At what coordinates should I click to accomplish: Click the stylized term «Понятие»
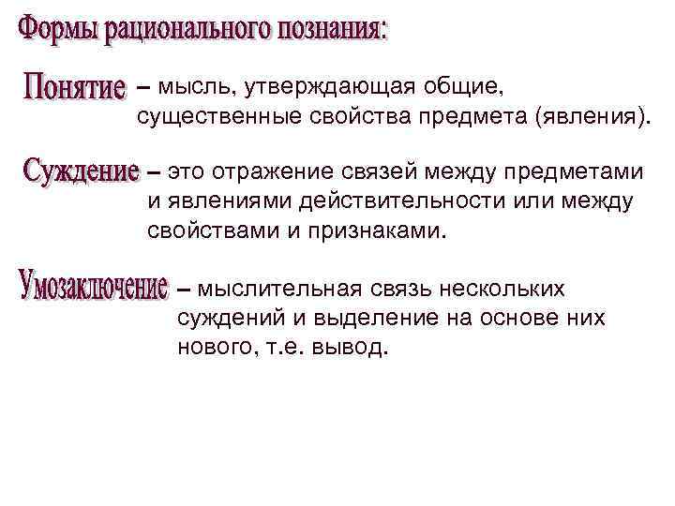click(x=73, y=90)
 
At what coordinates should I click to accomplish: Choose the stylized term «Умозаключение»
click(x=92, y=287)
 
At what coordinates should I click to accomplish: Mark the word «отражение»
click(x=271, y=172)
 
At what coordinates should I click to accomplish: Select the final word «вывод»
click(x=356, y=349)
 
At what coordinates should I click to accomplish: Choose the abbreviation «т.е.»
click(x=284, y=349)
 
